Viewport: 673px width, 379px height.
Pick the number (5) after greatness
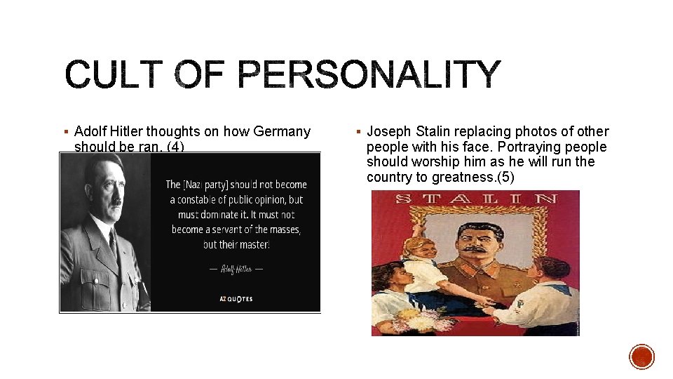505,177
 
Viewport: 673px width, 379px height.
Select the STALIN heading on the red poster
475,199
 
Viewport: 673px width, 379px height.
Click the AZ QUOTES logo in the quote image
236,299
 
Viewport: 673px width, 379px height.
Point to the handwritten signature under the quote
236,269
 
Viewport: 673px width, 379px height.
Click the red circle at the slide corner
641,357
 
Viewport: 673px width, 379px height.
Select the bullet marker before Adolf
65,132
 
